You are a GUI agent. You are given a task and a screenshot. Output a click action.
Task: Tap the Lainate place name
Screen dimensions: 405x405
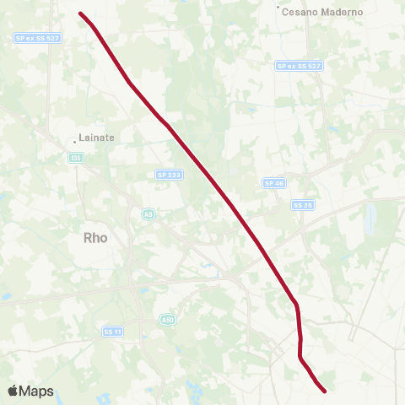point(96,137)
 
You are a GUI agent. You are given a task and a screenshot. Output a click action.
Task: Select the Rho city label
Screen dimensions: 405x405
point(96,238)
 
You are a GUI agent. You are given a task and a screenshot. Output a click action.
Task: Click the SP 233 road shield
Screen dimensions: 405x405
point(169,175)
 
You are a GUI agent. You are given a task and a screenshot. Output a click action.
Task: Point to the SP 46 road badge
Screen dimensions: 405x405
point(273,182)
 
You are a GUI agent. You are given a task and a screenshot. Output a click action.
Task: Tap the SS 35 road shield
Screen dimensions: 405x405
point(303,204)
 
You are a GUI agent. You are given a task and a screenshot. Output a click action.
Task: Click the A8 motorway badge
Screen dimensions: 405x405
point(148,214)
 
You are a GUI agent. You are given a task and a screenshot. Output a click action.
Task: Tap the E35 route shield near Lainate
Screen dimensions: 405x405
point(77,157)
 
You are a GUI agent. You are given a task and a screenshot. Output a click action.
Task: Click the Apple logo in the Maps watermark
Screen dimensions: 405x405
point(13,391)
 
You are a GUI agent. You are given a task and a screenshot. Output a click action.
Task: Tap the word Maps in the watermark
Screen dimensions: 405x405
point(36,391)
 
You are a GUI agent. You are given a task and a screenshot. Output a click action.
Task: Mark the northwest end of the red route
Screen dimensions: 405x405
point(80,13)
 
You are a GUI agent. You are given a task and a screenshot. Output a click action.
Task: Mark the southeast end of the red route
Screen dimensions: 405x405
point(325,390)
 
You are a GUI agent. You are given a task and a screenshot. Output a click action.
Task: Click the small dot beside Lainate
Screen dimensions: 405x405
point(74,141)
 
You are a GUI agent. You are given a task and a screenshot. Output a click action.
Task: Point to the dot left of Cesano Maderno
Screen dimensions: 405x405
point(279,9)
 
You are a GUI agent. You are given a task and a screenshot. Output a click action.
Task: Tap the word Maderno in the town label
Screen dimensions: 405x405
point(340,12)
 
